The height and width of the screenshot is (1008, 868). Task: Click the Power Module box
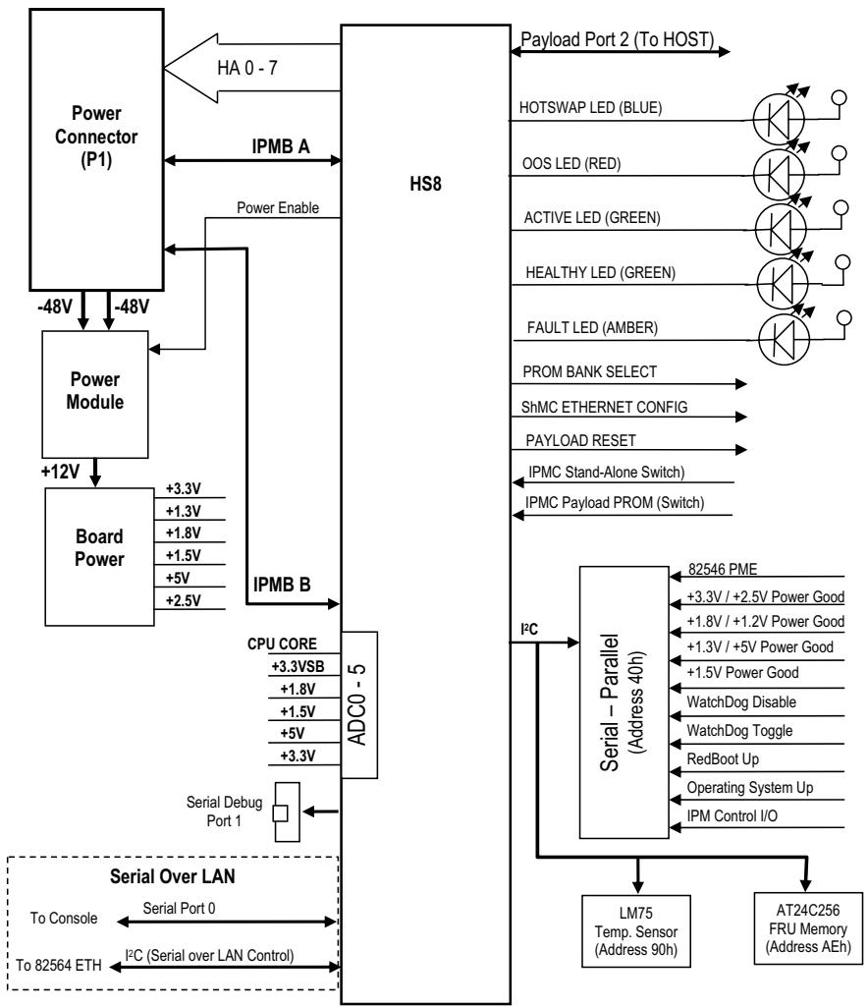click(x=95, y=394)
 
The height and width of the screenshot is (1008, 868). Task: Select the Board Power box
click(x=99, y=557)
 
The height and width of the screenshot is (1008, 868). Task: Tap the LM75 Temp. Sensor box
click(x=636, y=930)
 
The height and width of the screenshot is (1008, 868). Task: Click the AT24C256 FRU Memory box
click(x=808, y=928)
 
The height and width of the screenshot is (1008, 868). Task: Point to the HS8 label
click(x=426, y=184)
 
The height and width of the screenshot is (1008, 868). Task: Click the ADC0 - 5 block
click(x=359, y=704)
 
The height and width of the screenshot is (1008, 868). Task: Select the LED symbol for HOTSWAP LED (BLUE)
click(x=779, y=118)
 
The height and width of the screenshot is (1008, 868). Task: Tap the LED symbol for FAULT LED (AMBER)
click(x=784, y=338)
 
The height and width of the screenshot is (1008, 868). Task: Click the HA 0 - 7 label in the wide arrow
click(x=247, y=68)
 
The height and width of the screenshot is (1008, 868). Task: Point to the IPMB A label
click(x=281, y=146)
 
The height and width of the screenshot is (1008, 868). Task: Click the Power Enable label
click(x=278, y=207)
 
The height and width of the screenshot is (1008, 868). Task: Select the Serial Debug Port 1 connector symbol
click(x=287, y=812)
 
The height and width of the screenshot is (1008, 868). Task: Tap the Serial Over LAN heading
click(x=172, y=876)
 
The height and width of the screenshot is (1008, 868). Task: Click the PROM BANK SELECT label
click(x=590, y=371)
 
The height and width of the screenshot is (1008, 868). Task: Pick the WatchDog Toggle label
click(x=739, y=730)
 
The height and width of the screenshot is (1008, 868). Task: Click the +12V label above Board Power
click(x=60, y=472)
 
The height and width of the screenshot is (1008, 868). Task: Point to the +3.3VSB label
click(x=298, y=666)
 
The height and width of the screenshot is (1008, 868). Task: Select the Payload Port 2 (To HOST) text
click(x=617, y=40)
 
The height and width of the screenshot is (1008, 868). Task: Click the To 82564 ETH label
click(x=59, y=965)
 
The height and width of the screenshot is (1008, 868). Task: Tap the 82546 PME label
click(x=723, y=569)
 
